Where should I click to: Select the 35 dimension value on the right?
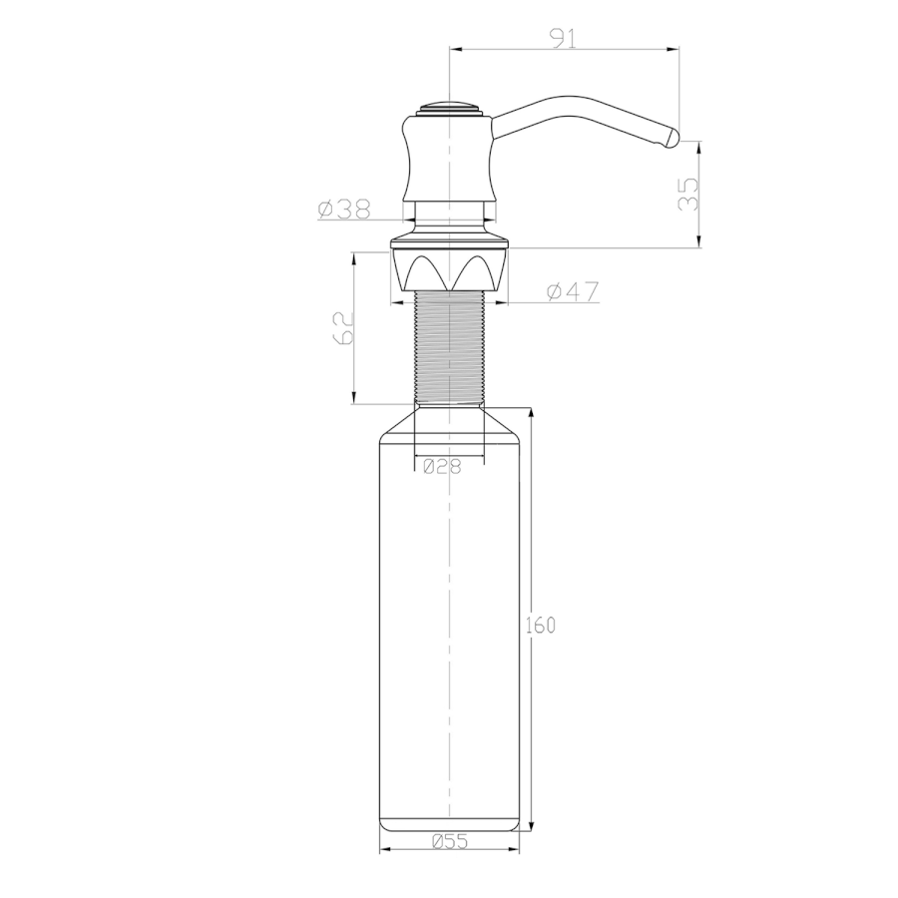point(687,195)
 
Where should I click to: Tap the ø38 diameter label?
point(344,210)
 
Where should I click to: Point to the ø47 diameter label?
point(573,291)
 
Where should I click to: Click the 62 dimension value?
point(342,328)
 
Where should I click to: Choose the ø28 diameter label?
point(442,467)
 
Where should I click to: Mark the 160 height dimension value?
point(541,625)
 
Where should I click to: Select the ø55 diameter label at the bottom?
point(450,841)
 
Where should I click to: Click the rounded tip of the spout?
point(672,139)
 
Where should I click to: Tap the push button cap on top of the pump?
point(449,109)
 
